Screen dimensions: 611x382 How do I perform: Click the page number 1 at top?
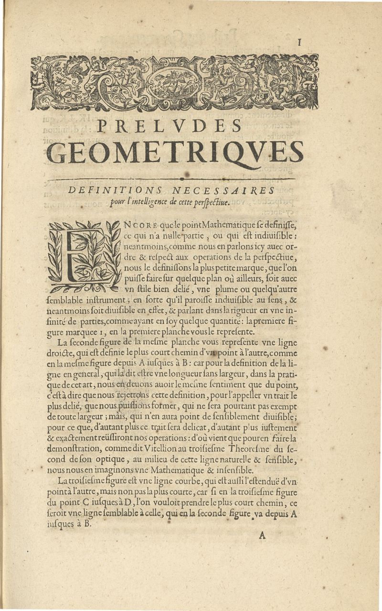299,43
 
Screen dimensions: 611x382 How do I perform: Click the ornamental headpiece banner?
174,82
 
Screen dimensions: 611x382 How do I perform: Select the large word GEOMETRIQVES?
176,152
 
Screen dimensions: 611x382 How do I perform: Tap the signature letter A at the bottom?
262,535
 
